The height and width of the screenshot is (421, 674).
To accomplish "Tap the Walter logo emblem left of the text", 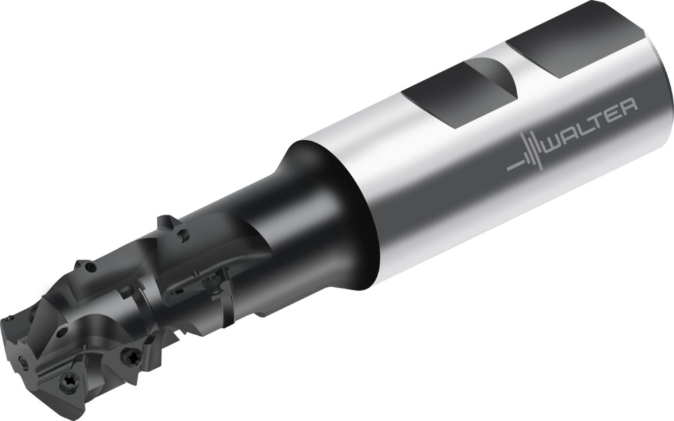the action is pyautogui.click(x=525, y=154).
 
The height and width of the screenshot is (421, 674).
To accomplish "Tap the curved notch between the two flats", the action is pyautogui.click(x=494, y=77).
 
